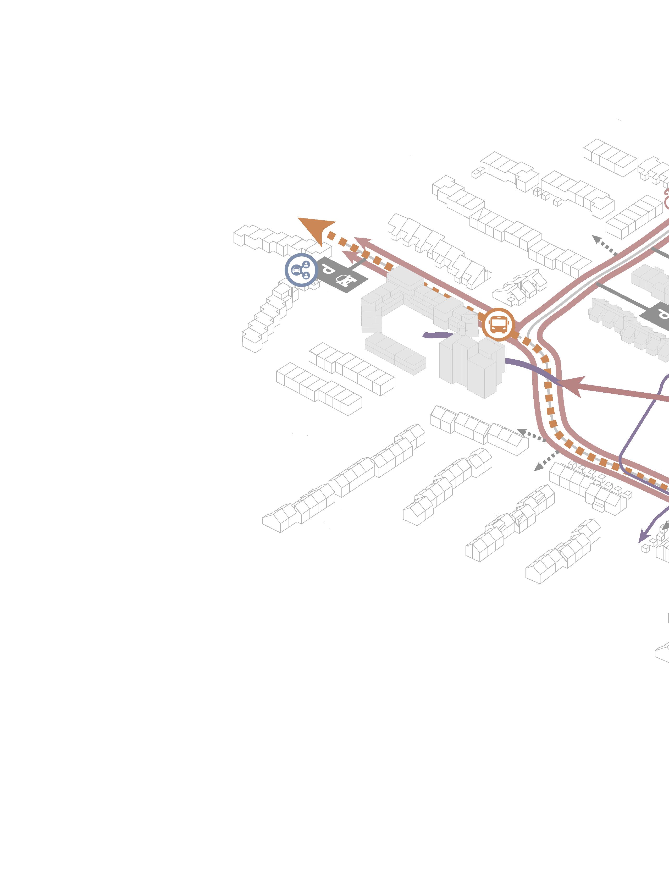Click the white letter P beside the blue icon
328,270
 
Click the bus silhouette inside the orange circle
498,325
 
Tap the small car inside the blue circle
296,270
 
